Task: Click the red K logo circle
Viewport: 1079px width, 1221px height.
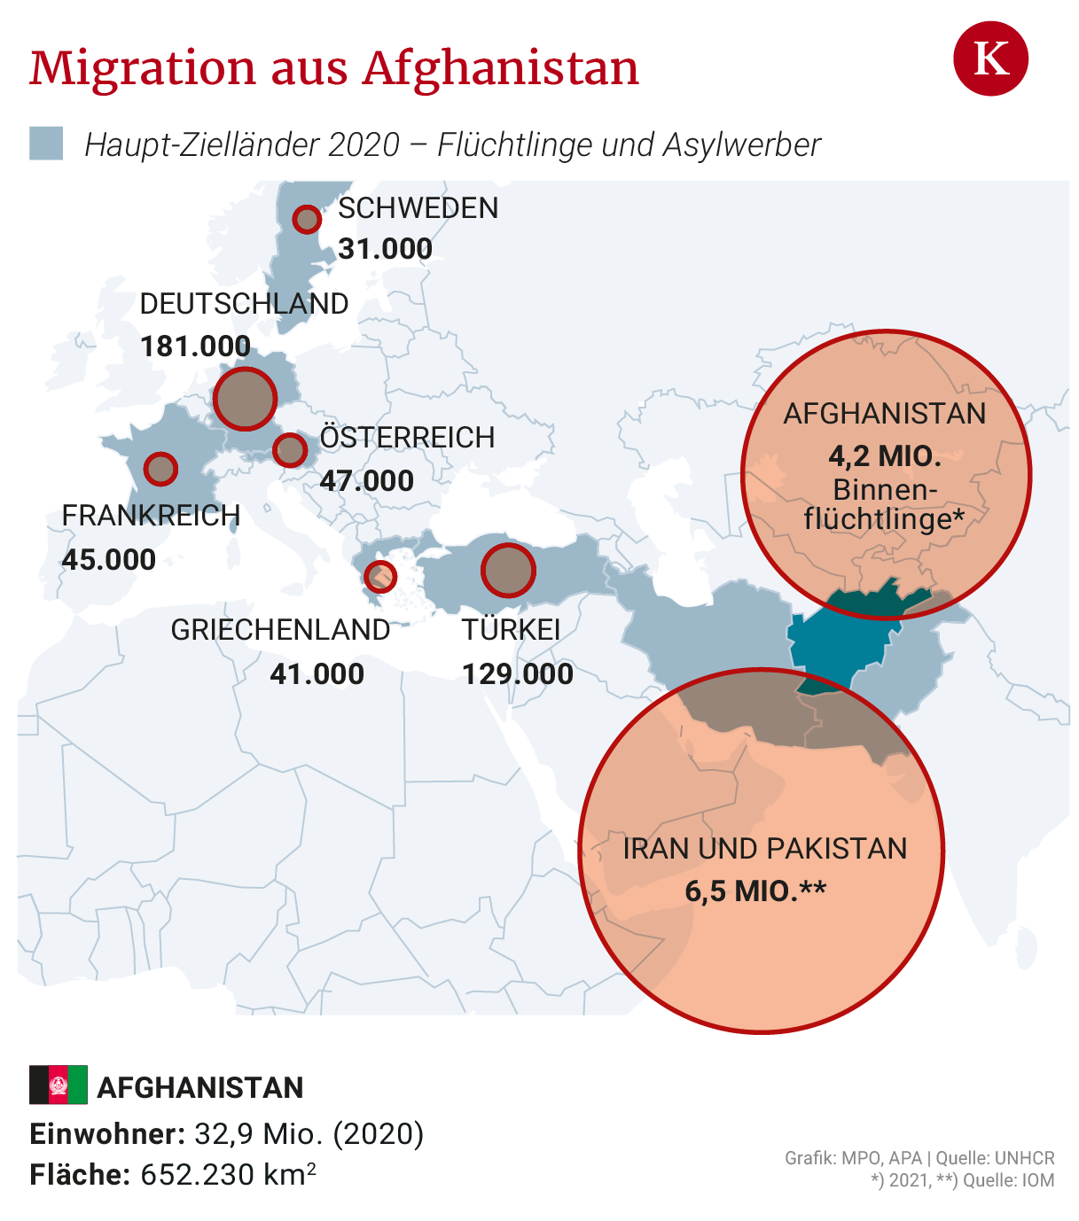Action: coord(990,59)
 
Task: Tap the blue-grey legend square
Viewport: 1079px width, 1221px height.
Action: coord(46,144)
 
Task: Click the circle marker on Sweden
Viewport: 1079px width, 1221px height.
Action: coord(307,219)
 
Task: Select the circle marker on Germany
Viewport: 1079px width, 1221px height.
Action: coord(246,399)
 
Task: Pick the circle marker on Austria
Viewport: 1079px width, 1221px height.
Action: coord(290,450)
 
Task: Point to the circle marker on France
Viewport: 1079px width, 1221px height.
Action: coord(160,469)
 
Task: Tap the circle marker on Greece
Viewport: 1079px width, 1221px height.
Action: coord(380,577)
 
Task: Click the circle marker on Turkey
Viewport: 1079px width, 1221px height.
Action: coord(508,570)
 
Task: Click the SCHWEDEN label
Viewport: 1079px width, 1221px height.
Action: coord(418,208)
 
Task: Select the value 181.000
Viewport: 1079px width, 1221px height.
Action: coord(196,346)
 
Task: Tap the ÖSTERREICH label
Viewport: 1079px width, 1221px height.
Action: coord(407,438)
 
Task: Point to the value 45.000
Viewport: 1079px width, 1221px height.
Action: coord(109,559)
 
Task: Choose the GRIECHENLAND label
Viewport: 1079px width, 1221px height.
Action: coord(280,630)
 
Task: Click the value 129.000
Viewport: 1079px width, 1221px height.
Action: coord(518,674)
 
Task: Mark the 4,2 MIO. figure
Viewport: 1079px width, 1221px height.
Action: coord(885,456)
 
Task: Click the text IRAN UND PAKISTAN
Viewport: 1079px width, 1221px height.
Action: coord(764,849)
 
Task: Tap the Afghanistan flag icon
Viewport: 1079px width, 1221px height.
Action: coord(59,1085)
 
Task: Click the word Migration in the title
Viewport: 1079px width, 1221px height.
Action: coord(143,68)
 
